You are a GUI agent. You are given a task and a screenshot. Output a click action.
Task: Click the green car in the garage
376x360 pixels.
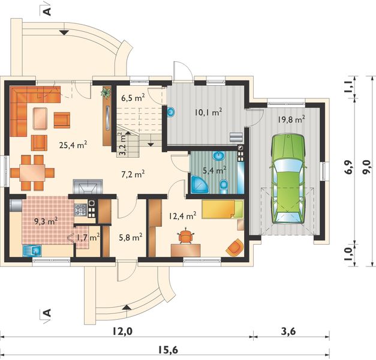(287, 179)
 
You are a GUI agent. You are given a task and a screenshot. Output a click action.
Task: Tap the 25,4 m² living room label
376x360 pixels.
(73, 145)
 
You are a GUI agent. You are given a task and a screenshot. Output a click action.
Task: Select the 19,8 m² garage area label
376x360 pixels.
(291, 119)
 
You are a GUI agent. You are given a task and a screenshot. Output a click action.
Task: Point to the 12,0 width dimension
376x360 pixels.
(122, 331)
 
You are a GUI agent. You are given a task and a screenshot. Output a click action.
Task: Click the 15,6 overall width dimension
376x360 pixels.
(168, 350)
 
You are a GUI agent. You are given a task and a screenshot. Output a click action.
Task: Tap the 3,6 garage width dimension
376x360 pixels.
(288, 331)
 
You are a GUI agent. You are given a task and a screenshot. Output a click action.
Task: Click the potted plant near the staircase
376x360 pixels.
(106, 92)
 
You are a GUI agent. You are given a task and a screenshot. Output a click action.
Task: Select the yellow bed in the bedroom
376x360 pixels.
(222, 209)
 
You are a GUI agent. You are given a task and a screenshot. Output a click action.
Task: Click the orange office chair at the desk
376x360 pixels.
(186, 236)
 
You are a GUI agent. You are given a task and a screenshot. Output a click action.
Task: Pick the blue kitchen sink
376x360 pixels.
(32, 251)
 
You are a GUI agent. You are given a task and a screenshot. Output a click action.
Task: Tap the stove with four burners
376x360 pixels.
(81, 209)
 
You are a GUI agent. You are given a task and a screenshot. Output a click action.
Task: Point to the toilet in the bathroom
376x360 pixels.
(224, 187)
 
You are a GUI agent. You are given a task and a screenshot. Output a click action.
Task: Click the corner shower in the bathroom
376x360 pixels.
(199, 185)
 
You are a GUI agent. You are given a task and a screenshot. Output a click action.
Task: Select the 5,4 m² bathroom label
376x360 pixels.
(214, 170)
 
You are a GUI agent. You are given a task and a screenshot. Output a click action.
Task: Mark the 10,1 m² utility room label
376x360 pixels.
(208, 112)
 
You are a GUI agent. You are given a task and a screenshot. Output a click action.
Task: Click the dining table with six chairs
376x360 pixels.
(32, 173)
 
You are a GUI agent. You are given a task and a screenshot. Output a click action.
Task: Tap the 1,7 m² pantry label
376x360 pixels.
(88, 238)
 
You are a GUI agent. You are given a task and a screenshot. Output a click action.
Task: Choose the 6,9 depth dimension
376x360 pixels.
(350, 167)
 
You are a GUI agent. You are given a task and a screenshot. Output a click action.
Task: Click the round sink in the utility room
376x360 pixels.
(171, 112)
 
